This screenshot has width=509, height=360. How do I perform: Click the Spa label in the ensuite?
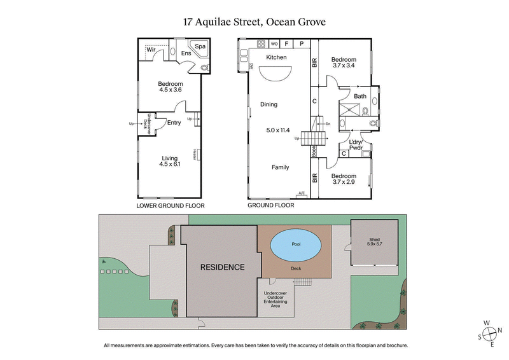click(x=200, y=46)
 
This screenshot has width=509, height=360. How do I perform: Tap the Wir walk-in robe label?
click(x=151, y=49)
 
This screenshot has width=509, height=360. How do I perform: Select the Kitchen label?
click(x=276, y=58)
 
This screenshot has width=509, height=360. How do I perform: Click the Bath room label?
click(x=360, y=97)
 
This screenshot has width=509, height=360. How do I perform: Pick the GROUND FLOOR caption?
click(x=270, y=206)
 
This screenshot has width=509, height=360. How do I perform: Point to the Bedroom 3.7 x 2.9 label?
click(x=344, y=179)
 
